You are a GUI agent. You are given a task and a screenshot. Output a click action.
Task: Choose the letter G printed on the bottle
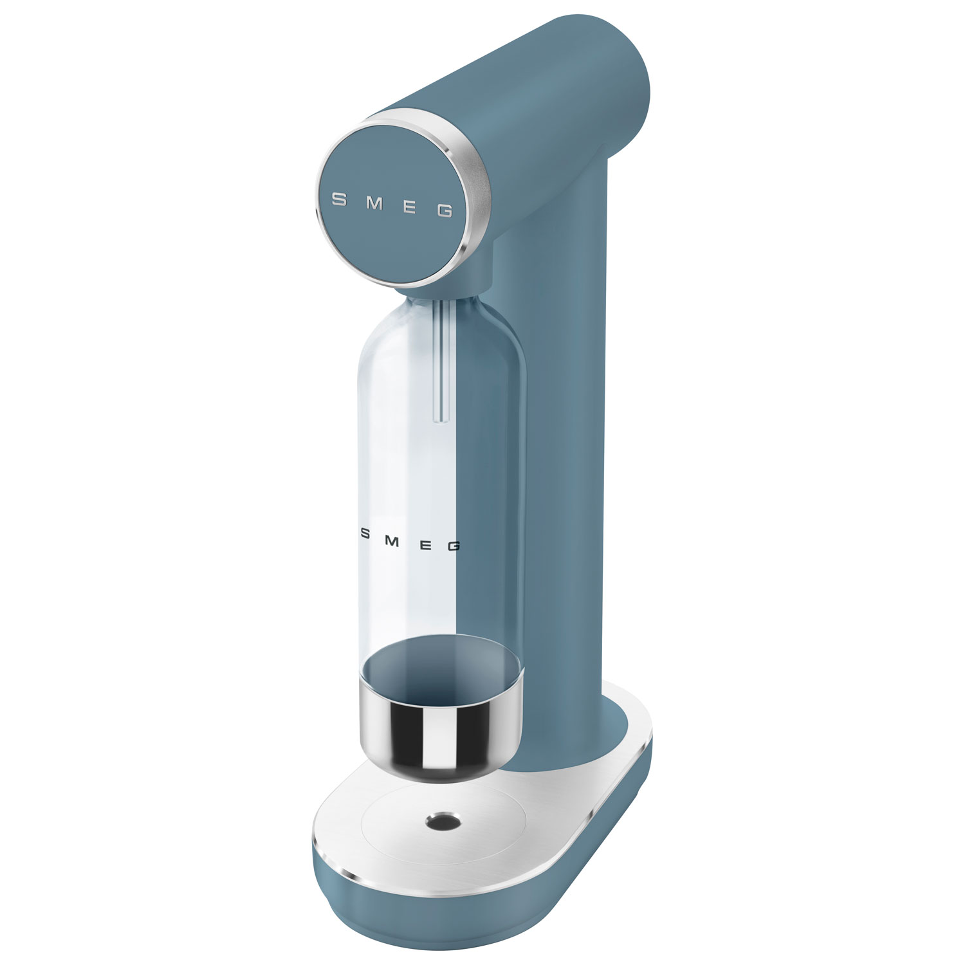[453, 546]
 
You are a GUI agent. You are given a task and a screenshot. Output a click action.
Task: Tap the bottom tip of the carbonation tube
[440, 420]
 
